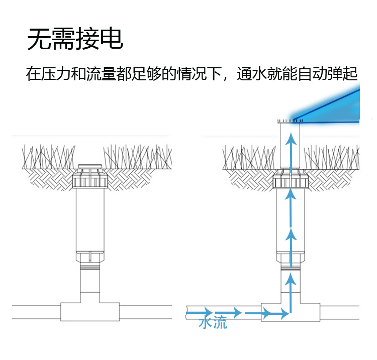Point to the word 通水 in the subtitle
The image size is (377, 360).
(252, 74)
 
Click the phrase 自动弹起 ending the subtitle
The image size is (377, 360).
(327, 74)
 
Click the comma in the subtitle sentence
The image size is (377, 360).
(228, 77)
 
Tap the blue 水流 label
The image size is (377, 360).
(213, 322)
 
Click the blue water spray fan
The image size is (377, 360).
(337, 108)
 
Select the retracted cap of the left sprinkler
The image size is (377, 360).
(90, 166)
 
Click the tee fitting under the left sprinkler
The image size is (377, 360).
(90, 311)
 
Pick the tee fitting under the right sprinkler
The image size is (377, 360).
(291, 311)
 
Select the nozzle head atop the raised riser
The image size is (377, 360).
(290, 122)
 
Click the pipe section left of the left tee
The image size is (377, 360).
(35, 311)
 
